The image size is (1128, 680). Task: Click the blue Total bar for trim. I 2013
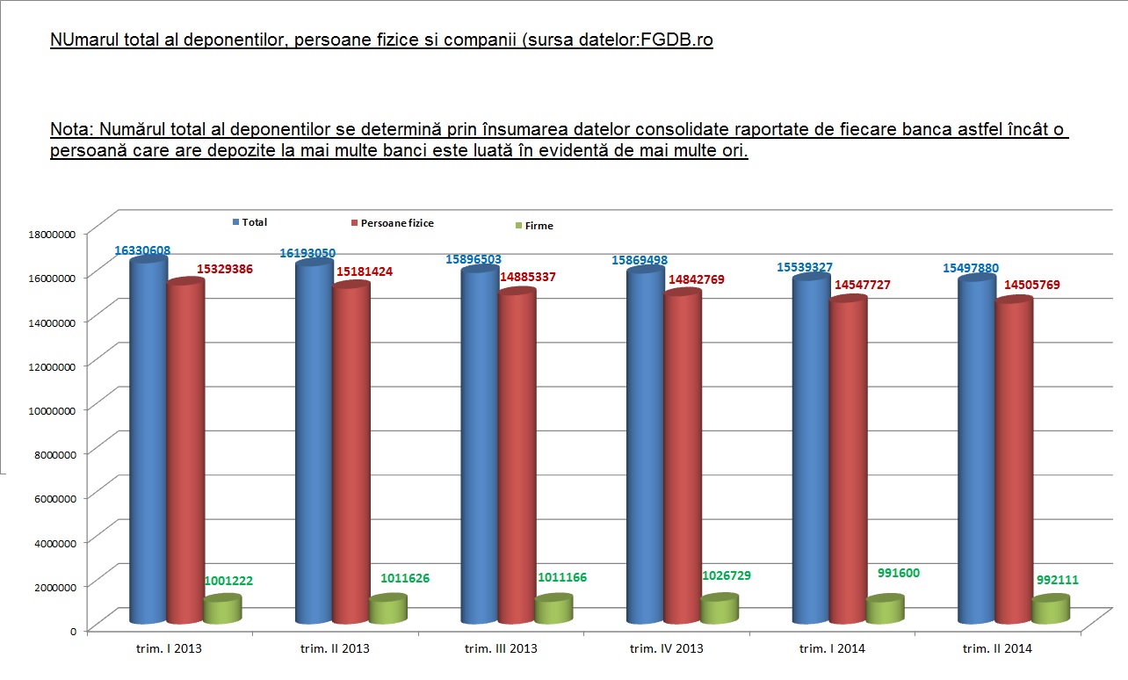coord(148,439)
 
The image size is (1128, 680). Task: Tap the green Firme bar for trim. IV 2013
coord(719,610)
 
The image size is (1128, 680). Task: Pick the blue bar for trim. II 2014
coord(976,448)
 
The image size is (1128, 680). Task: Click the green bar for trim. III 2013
coord(553,610)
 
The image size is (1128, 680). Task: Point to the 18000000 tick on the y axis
coord(54,234)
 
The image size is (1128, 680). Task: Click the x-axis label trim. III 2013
coord(501,649)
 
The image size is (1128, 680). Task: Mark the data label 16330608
coord(142,250)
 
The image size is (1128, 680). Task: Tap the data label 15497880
coord(972,268)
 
